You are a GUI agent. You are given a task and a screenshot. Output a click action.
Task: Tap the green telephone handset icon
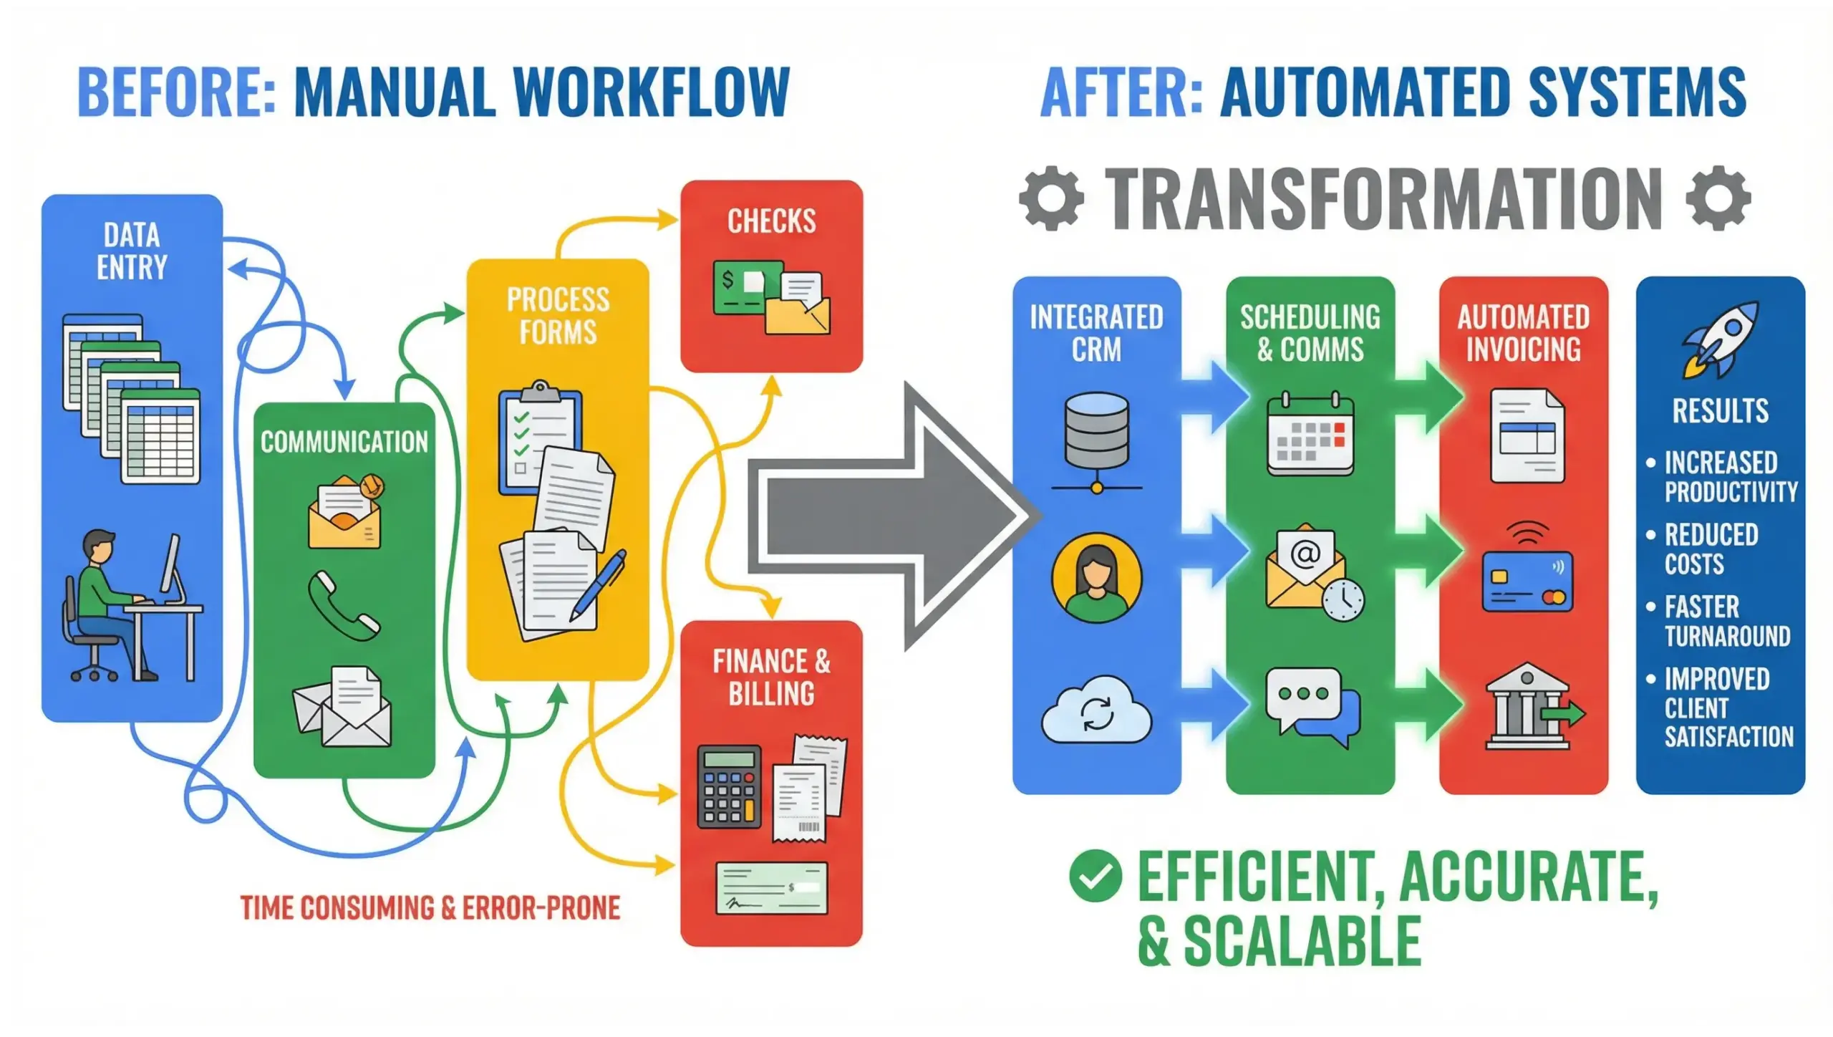[343, 605]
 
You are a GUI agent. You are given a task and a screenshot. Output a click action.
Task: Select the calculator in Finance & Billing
[729, 786]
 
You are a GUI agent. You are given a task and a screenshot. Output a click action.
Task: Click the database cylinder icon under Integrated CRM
[1096, 430]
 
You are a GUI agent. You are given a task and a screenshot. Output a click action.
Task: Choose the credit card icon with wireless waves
[1527, 573]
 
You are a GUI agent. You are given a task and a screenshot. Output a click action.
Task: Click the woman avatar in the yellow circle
[1096, 579]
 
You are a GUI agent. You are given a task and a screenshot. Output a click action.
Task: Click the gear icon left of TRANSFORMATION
[1051, 198]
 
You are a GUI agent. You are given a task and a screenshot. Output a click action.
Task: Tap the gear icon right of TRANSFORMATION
[1718, 198]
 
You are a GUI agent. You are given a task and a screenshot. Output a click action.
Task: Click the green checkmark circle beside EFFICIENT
[1095, 875]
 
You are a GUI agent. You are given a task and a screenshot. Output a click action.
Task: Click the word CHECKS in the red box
[771, 221]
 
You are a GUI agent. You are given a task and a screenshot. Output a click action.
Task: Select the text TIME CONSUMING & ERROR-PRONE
[430, 908]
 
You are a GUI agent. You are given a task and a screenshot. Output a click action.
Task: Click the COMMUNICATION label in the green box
[344, 442]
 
